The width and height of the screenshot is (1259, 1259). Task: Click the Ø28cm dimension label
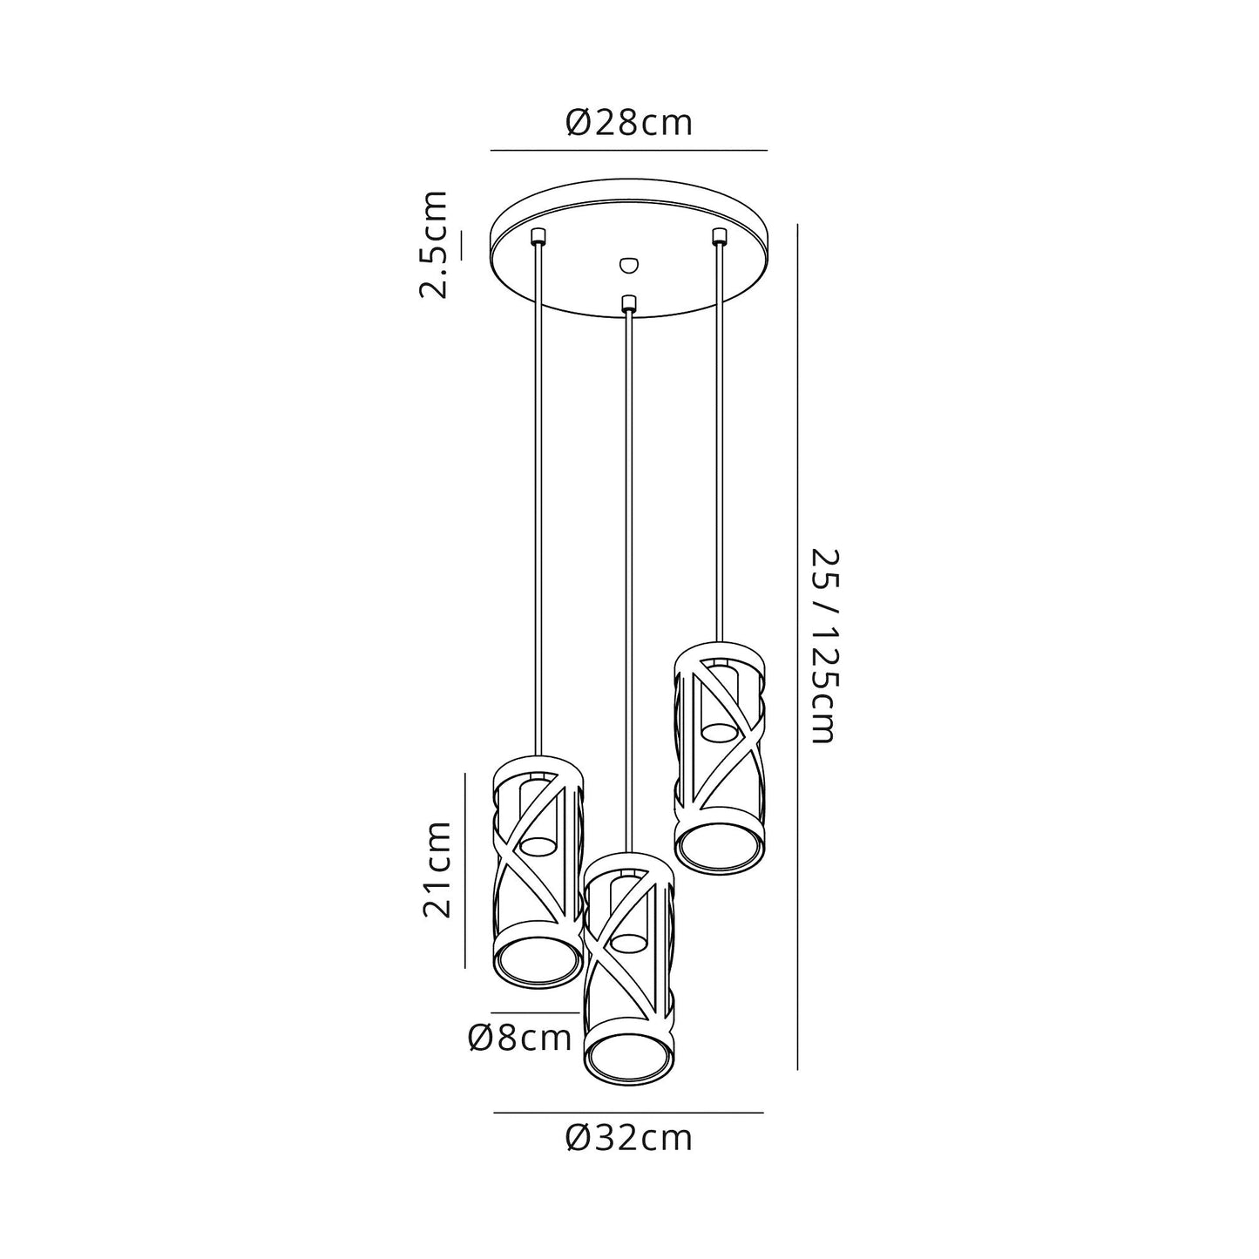pyautogui.click(x=629, y=123)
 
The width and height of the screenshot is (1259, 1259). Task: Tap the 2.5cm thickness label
pyautogui.click(x=433, y=244)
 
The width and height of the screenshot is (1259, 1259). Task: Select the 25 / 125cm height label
pyautogui.click(x=823, y=646)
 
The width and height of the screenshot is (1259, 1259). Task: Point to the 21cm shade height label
pyautogui.click(x=436, y=868)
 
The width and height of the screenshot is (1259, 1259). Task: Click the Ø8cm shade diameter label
pyautogui.click(x=520, y=1038)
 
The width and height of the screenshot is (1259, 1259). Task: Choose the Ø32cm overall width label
pyautogui.click(x=629, y=1137)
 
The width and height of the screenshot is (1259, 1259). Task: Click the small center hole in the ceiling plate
pyautogui.click(x=626, y=262)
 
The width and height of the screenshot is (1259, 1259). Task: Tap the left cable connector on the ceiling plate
pyautogui.click(x=538, y=236)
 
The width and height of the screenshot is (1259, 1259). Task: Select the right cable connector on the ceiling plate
pyautogui.click(x=719, y=235)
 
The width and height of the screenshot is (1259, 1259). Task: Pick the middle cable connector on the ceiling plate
pyautogui.click(x=627, y=303)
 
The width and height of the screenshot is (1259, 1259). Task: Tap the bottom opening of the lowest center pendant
pyautogui.click(x=628, y=1057)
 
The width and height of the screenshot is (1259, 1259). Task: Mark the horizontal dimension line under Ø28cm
pyautogui.click(x=629, y=151)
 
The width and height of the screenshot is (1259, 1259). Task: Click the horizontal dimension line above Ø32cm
pyautogui.click(x=629, y=1113)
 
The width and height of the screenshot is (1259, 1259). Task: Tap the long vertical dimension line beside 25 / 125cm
pyautogui.click(x=798, y=646)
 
